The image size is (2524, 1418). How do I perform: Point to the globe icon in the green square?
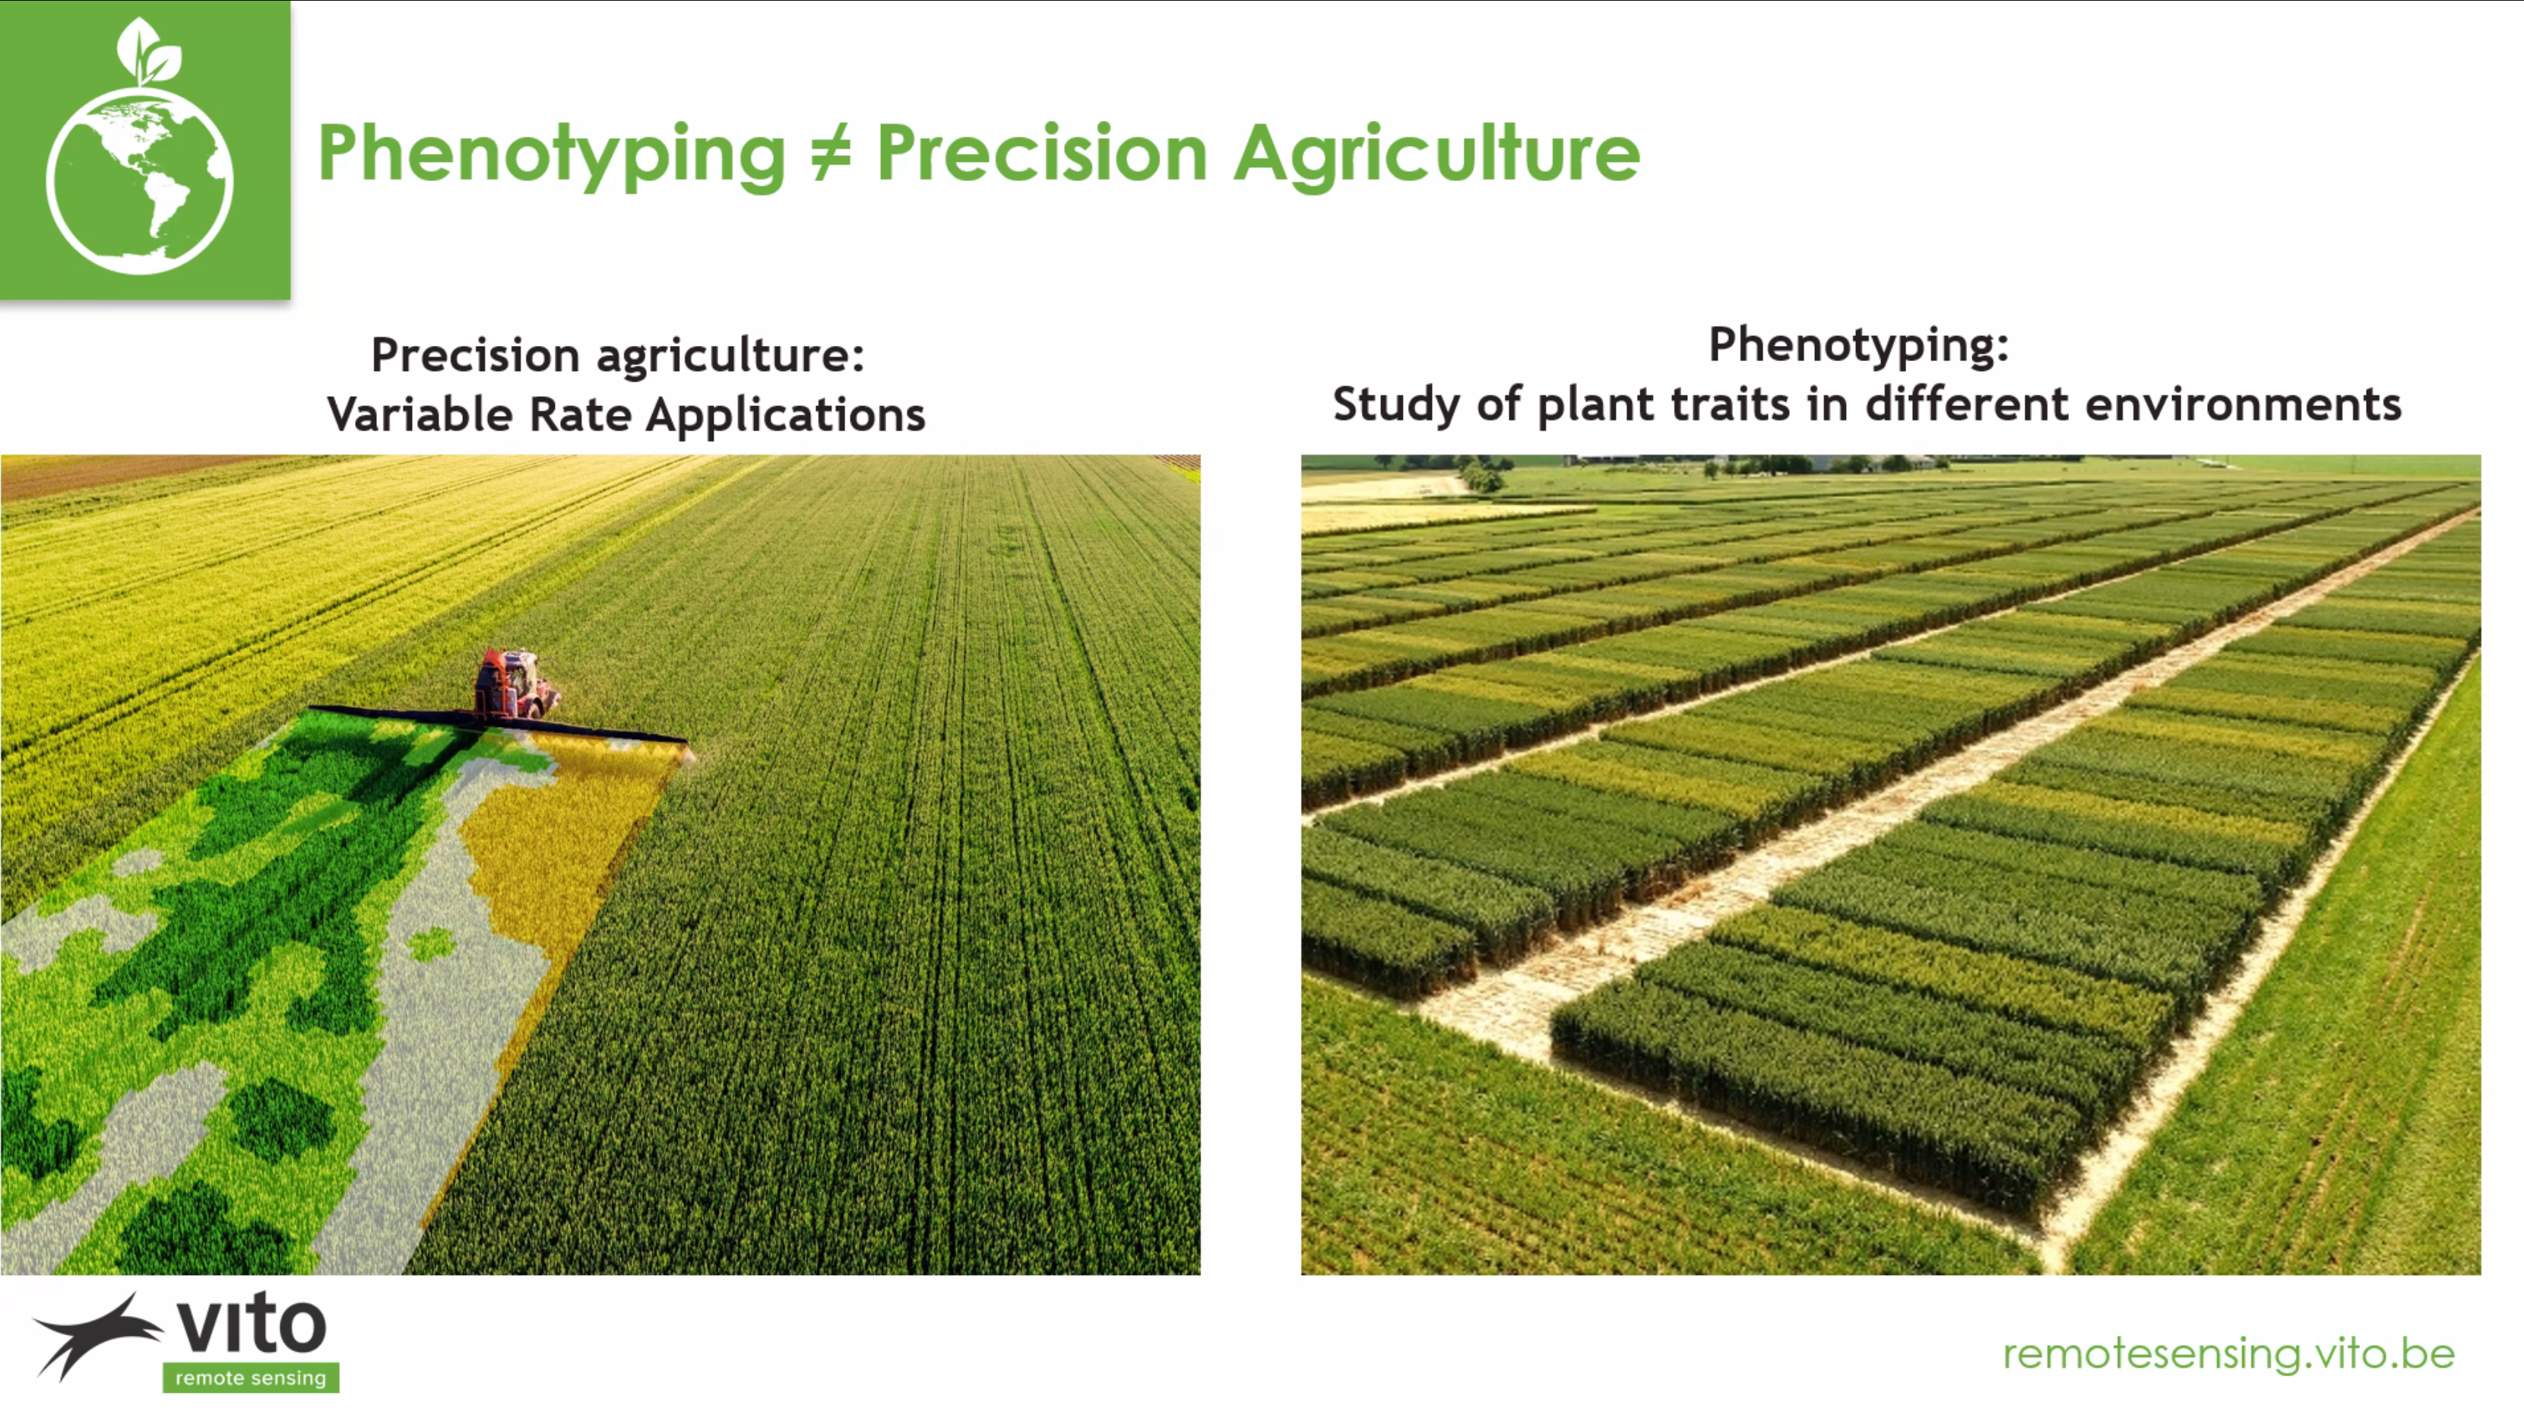(140, 180)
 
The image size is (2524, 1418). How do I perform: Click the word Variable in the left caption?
(421, 414)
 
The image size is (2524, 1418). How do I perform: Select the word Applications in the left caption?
(786, 415)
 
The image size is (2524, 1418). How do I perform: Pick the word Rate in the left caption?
(580, 414)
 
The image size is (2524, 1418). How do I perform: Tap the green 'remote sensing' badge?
(251, 1377)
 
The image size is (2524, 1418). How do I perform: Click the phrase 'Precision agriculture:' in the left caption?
(618, 355)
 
